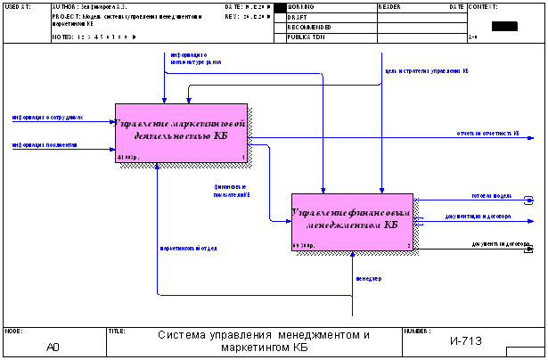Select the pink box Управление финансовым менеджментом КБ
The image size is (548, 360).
coord(352,221)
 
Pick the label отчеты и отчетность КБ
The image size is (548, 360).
coord(487,134)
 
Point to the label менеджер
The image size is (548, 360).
coord(368,279)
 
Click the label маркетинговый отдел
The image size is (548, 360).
coord(188,248)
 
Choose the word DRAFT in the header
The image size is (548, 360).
coord(298,17)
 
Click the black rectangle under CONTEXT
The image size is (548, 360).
coord(503,26)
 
